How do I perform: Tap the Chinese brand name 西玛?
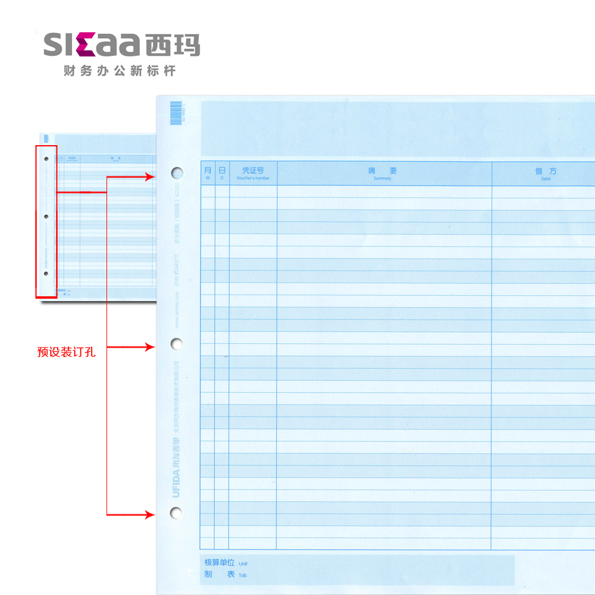(173, 45)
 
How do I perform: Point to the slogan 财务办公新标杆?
(120, 71)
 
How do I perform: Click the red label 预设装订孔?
(66, 352)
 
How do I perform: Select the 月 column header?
(208, 173)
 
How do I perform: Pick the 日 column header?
(222, 173)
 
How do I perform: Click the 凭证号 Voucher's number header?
(253, 173)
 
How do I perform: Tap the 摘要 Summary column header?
(383, 173)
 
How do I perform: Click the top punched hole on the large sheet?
(177, 173)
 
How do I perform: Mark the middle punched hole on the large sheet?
(177, 343)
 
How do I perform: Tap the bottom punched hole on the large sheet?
(176, 513)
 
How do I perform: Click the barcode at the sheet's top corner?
(176, 112)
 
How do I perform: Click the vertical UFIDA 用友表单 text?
(176, 467)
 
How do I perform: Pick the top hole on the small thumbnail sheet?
(46, 159)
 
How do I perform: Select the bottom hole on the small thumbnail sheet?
(46, 274)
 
